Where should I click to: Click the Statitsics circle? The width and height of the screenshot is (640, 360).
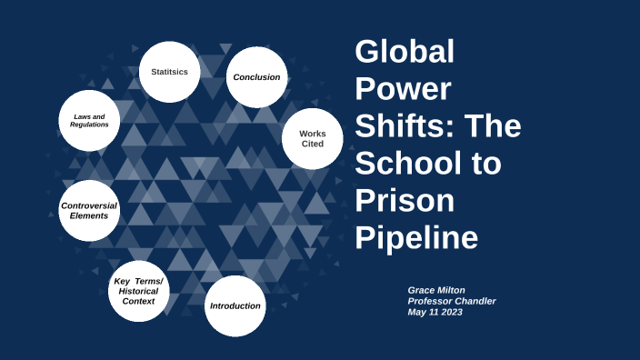(x=170, y=71)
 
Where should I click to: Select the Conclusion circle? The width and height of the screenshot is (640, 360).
(x=256, y=77)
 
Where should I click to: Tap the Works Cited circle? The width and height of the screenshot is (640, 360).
(x=312, y=138)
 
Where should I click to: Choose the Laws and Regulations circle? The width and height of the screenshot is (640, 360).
(x=89, y=120)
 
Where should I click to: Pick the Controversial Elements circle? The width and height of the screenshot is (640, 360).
(x=89, y=210)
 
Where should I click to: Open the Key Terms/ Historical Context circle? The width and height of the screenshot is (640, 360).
(x=138, y=290)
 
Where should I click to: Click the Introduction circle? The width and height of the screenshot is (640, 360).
(x=235, y=305)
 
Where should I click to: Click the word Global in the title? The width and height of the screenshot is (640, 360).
(x=404, y=52)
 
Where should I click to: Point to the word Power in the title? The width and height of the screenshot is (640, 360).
(x=402, y=89)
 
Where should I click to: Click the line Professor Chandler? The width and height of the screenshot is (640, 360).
(x=452, y=301)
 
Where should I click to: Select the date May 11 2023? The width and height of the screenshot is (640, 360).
(x=436, y=312)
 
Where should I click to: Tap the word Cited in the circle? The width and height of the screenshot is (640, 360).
(x=312, y=144)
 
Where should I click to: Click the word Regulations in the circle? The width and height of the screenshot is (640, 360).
(x=89, y=125)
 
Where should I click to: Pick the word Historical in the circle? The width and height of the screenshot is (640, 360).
(x=138, y=290)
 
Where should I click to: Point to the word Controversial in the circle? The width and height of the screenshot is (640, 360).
(x=89, y=205)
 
